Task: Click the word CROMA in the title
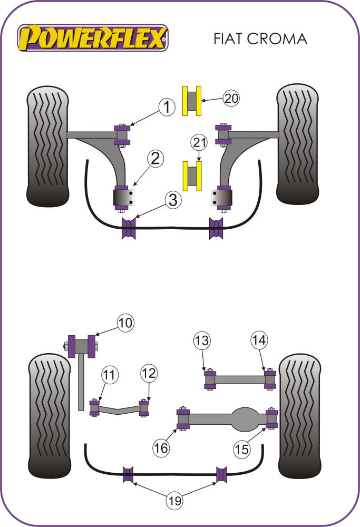point(282,39)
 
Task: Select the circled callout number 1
point(166,108)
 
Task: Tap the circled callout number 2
point(156,159)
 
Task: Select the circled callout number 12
point(148,373)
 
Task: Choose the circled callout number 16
point(161,448)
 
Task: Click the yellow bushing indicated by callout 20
point(192,100)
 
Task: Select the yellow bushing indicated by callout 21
point(192,175)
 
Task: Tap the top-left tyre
point(48,147)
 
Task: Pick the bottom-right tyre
point(299,415)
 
